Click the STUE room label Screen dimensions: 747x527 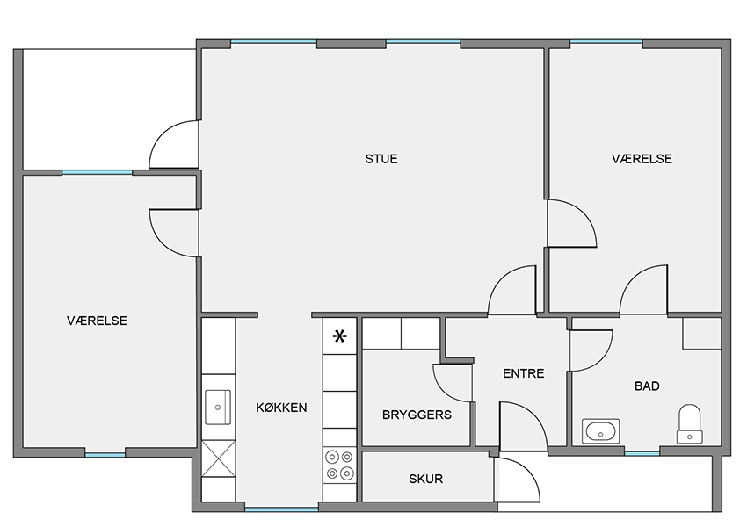click(381, 159)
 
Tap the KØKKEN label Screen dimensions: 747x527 click(281, 408)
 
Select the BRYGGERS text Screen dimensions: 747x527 click(417, 415)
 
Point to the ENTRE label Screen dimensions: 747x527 click(524, 373)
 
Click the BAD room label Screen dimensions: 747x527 click(647, 386)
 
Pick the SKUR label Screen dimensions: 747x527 click(426, 479)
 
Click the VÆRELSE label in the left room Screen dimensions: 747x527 click(98, 321)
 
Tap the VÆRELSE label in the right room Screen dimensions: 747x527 click(642, 159)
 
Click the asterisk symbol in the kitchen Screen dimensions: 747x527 click(340, 337)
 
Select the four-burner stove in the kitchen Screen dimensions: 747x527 click(340, 466)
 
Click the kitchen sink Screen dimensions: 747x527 click(218, 407)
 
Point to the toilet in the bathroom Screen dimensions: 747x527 click(689, 423)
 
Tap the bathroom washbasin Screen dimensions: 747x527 click(600, 431)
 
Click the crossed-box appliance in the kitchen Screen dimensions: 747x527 click(218, 458)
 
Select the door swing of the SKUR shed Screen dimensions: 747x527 click(517, 480)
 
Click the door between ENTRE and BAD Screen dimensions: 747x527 click(591, 350)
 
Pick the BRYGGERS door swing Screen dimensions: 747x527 click(453, 383)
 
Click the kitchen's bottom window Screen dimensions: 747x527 click(281, 509)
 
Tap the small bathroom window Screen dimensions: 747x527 click(642, 453)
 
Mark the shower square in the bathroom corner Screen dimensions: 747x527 click(701, 333)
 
